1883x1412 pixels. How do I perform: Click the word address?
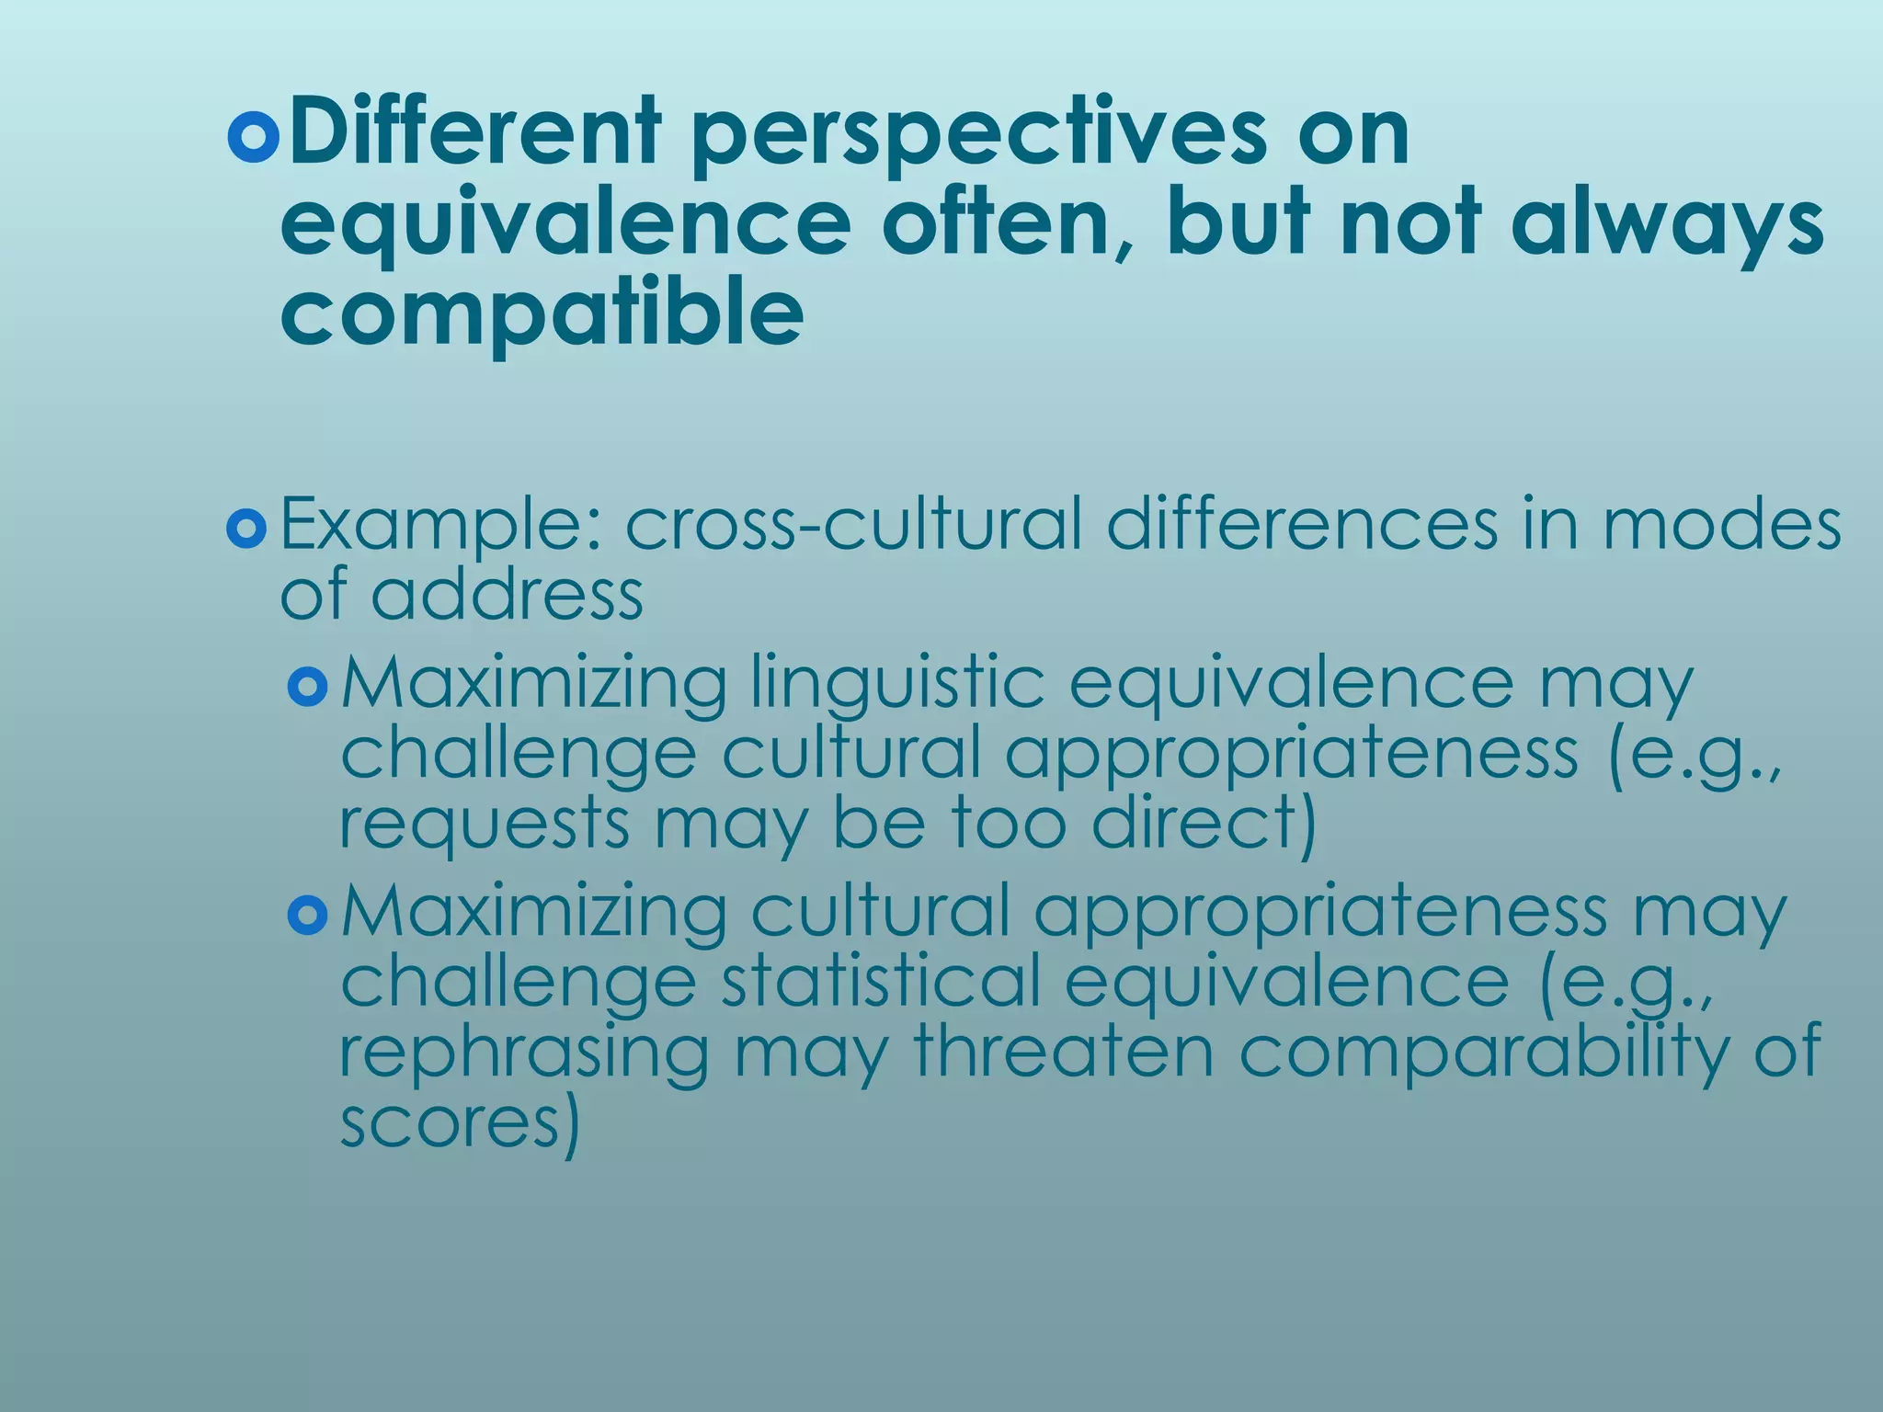tap(507, 596)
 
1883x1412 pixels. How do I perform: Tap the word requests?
tap(485, 825)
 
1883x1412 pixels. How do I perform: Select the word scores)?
tap(460, 1122)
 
